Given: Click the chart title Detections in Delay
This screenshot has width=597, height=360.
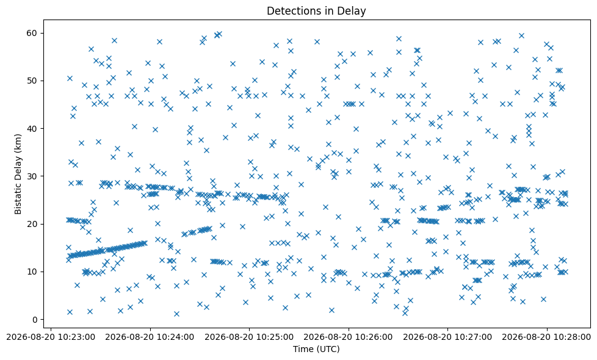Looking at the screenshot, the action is click(316, 10).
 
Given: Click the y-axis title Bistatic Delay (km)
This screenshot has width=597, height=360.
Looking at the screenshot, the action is click(18, 174).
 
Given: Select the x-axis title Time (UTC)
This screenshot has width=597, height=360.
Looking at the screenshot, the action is click(316, 349).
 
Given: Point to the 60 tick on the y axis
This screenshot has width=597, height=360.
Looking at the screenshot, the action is click(32, 33).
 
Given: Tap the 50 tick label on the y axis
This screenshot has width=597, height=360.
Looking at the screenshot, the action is click(32, 81).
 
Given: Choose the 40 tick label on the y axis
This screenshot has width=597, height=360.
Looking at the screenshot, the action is click(32, 129).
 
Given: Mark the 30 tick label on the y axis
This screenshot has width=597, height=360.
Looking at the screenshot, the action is click(32, 176).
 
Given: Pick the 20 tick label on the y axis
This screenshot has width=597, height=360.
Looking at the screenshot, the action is click(32, 224).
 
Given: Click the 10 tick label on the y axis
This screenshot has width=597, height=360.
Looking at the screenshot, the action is click(32, 272).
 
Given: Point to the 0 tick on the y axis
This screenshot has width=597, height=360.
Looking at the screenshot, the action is click(34, 320).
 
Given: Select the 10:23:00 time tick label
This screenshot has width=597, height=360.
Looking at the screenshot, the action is click(51, 337).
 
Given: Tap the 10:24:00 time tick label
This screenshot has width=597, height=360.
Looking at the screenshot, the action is click(150, 337).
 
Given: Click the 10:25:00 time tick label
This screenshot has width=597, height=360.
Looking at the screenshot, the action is click(250, 337).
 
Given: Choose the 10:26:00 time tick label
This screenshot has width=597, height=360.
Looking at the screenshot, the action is click(349, 337).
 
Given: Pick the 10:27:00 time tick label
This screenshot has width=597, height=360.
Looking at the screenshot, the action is click(447, 337).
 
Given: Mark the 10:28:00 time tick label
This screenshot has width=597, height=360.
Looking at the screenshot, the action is click(547, 337).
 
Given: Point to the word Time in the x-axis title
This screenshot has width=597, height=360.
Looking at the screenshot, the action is click(303, 349).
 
